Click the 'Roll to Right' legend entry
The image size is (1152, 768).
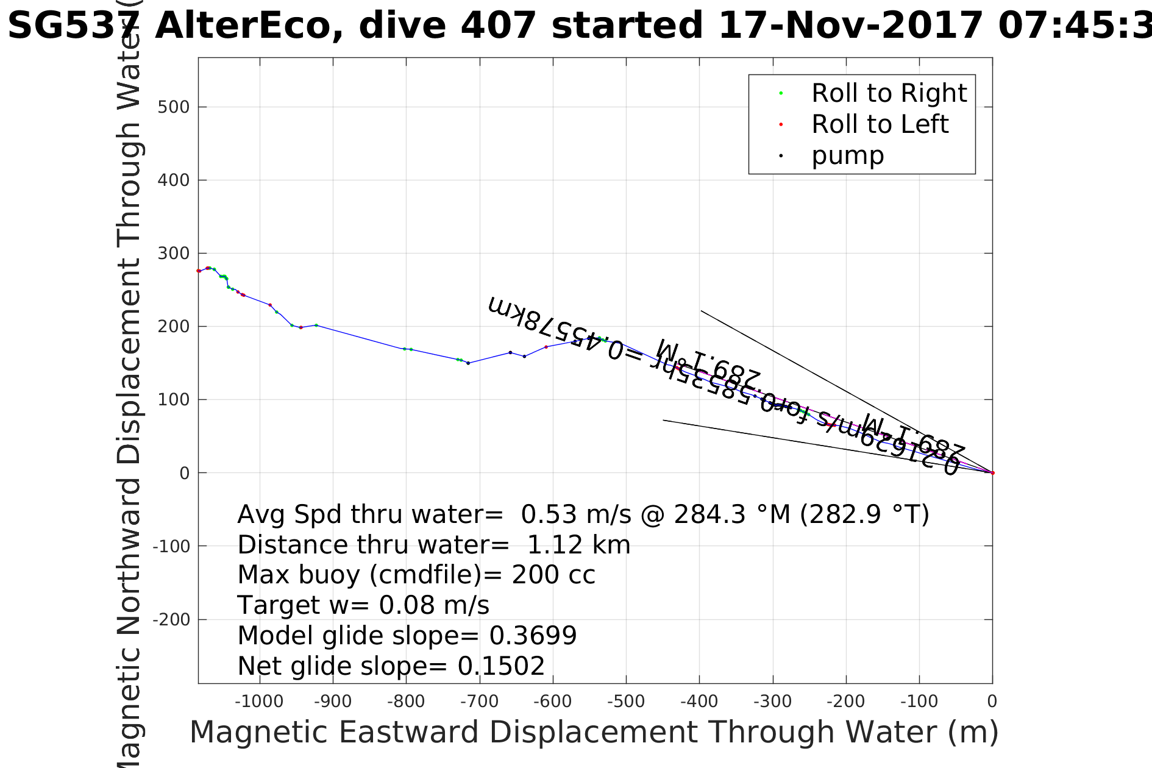point(889,93)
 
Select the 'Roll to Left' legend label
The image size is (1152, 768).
point(880,124)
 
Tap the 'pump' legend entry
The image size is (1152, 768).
point(847,155)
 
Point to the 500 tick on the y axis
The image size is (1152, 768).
point(173,107)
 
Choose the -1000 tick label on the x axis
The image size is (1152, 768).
point(259,702)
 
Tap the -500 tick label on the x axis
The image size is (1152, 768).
point(626,702)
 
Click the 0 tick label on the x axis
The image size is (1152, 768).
point(992,702)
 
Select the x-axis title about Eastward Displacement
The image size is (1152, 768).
point(594,732)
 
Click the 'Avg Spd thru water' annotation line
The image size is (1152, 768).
point(583,514)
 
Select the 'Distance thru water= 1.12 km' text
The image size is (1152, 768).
point(433,545)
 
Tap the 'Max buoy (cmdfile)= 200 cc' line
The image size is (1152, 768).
point(416,575)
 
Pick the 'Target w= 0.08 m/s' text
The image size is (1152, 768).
point(363,605)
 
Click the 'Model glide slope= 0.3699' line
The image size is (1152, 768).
point(407,636)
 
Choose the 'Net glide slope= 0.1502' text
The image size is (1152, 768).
point(391,666)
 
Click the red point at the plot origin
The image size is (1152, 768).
point(992,473)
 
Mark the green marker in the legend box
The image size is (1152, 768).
point(781,93)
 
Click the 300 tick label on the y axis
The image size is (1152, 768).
point(173,254)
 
